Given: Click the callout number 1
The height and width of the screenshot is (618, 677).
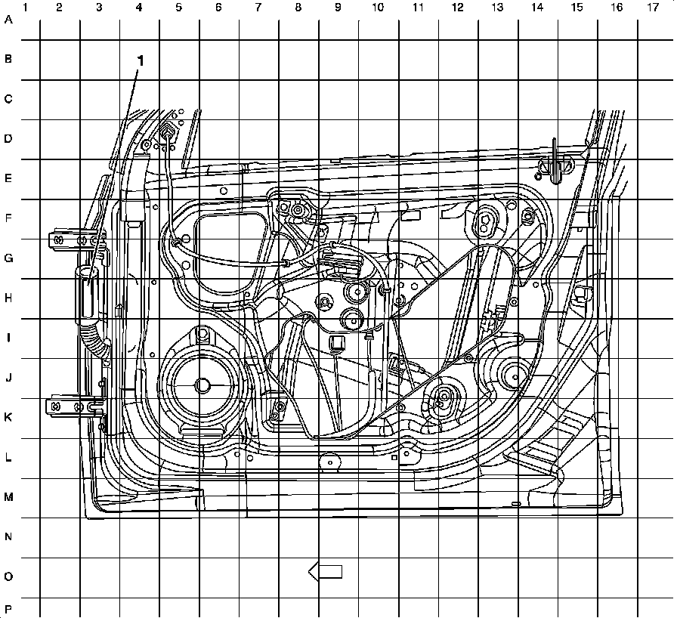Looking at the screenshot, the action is tap(140, 60).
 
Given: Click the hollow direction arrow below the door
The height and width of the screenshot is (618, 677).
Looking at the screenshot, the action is tap(326, 572).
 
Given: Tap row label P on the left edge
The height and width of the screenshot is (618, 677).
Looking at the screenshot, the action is tap(8, 609).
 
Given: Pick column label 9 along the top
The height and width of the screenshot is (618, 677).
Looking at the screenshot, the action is tap(337, 8).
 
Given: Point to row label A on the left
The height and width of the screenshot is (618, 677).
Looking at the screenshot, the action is tap(8, 20).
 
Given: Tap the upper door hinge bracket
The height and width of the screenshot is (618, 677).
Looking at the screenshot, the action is tap(72, 239).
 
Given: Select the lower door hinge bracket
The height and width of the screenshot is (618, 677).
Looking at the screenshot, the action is tap(72, 406).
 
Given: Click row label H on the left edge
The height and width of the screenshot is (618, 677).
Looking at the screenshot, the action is tap(8, 298).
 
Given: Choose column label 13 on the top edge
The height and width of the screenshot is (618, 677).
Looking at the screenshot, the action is tap(496, 8).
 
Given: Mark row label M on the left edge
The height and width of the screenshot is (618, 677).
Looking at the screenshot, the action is tap(8, 497).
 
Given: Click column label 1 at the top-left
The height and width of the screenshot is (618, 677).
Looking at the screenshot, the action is tap(26, 8).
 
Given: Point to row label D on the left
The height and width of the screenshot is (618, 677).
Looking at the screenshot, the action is tap(8, 139).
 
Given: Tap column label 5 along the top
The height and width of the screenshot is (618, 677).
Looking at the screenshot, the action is tap(178, 8).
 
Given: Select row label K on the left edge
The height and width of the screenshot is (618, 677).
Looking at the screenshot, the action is tap(8, 418).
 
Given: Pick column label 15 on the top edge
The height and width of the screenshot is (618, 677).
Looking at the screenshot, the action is tap(577, 8).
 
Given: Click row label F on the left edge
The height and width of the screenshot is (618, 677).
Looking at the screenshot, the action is tap(8, 219).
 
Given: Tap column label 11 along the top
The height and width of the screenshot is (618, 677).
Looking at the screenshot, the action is tap(417, 8).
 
